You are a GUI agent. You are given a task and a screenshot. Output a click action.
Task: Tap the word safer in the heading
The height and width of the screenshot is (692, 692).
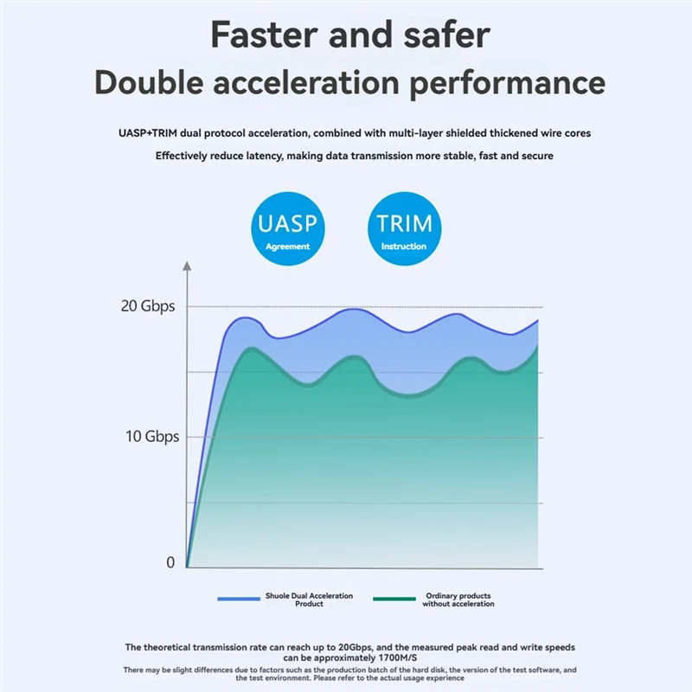coord(443,35)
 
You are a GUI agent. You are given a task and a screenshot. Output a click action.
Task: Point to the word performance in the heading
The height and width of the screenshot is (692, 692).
coord(502,84)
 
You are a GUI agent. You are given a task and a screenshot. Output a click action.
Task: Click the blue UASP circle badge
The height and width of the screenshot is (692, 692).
coord(288,229)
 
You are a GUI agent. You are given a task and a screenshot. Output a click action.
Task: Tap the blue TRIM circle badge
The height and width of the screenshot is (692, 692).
coord(404,229)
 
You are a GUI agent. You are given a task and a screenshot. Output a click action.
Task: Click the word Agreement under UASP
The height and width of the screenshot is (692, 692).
coord(288,247)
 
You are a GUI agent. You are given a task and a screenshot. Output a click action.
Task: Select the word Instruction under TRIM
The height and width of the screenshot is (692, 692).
coord(404,247)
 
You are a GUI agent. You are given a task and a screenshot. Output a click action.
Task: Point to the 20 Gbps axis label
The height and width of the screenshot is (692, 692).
coord(147,306)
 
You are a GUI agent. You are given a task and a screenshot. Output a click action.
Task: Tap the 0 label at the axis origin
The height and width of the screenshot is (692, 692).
coord(170,562)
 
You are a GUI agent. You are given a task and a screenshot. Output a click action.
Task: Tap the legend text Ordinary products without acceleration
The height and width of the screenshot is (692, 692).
coord(458,599)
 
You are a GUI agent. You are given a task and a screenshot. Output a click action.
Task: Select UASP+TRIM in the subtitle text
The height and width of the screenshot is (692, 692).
coord(151,133)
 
